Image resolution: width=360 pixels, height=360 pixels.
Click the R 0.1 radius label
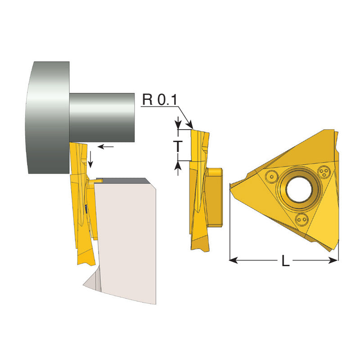(x=160, y=99)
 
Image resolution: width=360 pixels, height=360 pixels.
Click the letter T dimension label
(x=178, y=146)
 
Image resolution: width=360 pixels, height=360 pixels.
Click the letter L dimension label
(x=285, y=261)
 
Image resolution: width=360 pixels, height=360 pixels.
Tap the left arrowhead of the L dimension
(x=233, y=261)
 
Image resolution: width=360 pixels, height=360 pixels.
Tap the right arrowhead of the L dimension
(x=334, y=261)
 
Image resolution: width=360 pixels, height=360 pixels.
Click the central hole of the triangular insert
(x=299, y=189)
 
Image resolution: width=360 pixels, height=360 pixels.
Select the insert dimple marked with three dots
(x=324, y=171)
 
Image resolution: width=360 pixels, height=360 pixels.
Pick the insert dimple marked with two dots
(x=301, y=220)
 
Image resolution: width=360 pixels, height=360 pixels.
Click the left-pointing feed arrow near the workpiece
(x=106, y=147)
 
